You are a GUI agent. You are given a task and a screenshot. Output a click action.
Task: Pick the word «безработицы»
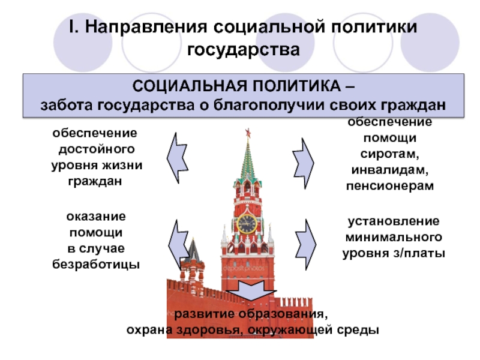coord(96,263)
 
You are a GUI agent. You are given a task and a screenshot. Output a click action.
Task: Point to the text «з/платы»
coord(423,253)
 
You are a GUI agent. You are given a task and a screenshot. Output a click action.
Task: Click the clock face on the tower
coord(246,224)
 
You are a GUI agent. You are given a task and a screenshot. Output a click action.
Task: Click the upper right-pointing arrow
coord(305,157)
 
